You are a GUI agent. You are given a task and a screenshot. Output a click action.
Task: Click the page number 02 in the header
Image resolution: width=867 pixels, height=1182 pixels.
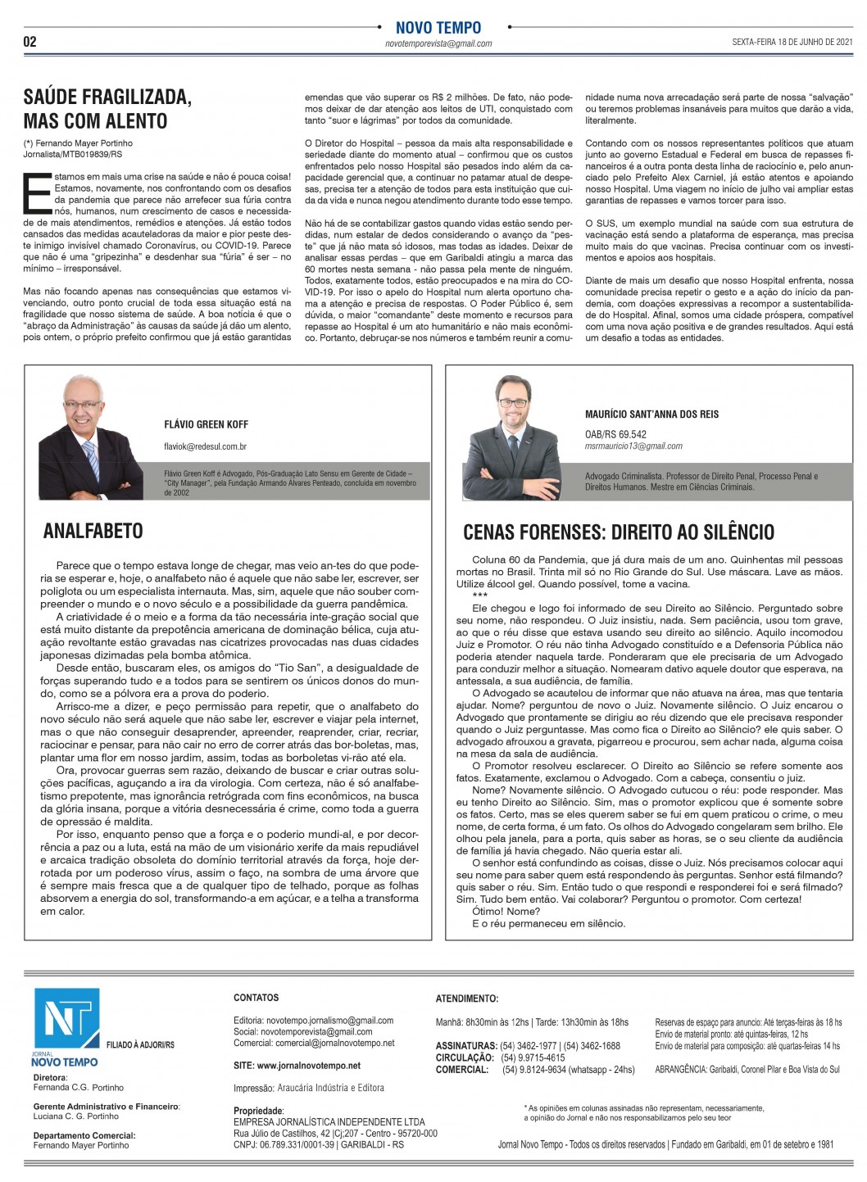[x=30, y=42]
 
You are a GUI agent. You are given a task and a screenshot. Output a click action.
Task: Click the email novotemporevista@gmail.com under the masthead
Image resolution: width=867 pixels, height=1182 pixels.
[x=438, y=44]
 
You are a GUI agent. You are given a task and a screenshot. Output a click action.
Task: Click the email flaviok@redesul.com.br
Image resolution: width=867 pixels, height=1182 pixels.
[x=206, y=447]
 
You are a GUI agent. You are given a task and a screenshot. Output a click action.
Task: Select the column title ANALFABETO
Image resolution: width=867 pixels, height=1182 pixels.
[x=93, y=532]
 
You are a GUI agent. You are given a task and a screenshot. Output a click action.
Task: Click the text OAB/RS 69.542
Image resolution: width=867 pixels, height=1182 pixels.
[x=615, y=434]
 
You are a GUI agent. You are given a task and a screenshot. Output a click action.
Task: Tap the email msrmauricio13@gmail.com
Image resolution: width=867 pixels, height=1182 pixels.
[x=633, y=446]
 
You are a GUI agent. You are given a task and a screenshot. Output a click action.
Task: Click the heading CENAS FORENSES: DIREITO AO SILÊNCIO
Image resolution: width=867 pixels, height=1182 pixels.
[x=619, y=532]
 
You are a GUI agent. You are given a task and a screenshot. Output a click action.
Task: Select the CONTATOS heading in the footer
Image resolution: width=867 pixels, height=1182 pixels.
[x=256, y=998]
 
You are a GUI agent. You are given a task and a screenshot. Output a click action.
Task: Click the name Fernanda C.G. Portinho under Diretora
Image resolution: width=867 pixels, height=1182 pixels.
[x=79, y=1088]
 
